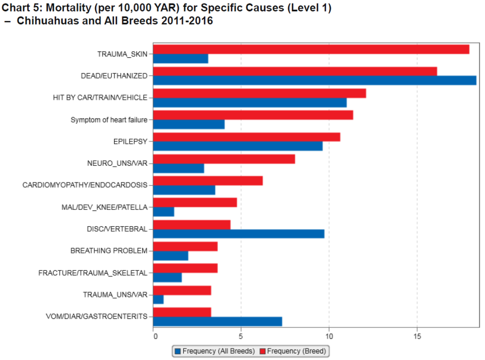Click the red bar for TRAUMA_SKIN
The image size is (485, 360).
[x=311, y=49]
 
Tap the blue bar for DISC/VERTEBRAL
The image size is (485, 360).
[x=239, y=234]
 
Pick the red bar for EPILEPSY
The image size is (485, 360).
[x=246, y=137]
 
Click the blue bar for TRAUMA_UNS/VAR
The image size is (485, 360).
[x=158, y=299]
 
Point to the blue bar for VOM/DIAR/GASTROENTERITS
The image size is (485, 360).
[x=217, y=321]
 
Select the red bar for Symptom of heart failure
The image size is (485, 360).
[x=253, y=115]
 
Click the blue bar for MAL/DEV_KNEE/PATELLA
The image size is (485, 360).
[x=163, y=212]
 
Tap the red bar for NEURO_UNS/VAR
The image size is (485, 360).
[x=224, y=159]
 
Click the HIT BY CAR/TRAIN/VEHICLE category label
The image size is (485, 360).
[x=100, y=98]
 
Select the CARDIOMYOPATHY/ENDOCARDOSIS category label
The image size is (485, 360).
[x=85, y=185]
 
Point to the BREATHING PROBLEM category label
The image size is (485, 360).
[x=109, y=251]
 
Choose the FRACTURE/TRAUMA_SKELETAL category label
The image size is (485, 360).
[x=93, y=273]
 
